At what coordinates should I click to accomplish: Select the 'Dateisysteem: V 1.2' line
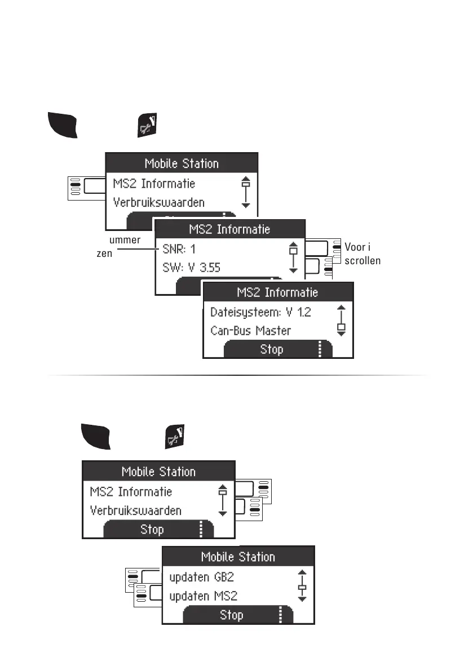260,312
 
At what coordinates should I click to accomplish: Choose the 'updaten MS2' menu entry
203,596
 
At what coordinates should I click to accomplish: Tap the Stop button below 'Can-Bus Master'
272,349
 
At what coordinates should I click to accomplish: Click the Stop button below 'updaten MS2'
231,615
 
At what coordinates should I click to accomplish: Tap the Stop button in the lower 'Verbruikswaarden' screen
152,530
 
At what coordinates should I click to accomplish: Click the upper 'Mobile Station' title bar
182,164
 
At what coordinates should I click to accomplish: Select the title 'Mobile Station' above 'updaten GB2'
238,557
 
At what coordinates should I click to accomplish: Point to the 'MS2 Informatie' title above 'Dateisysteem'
277,292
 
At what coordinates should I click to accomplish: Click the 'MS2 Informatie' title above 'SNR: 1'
229,229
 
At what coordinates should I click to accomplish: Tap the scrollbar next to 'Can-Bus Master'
340,321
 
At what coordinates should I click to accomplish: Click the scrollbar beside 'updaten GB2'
302,586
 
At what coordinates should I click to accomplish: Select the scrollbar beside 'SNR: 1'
292,257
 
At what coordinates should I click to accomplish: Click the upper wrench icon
149,125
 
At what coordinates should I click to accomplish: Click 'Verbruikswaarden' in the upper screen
158,202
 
